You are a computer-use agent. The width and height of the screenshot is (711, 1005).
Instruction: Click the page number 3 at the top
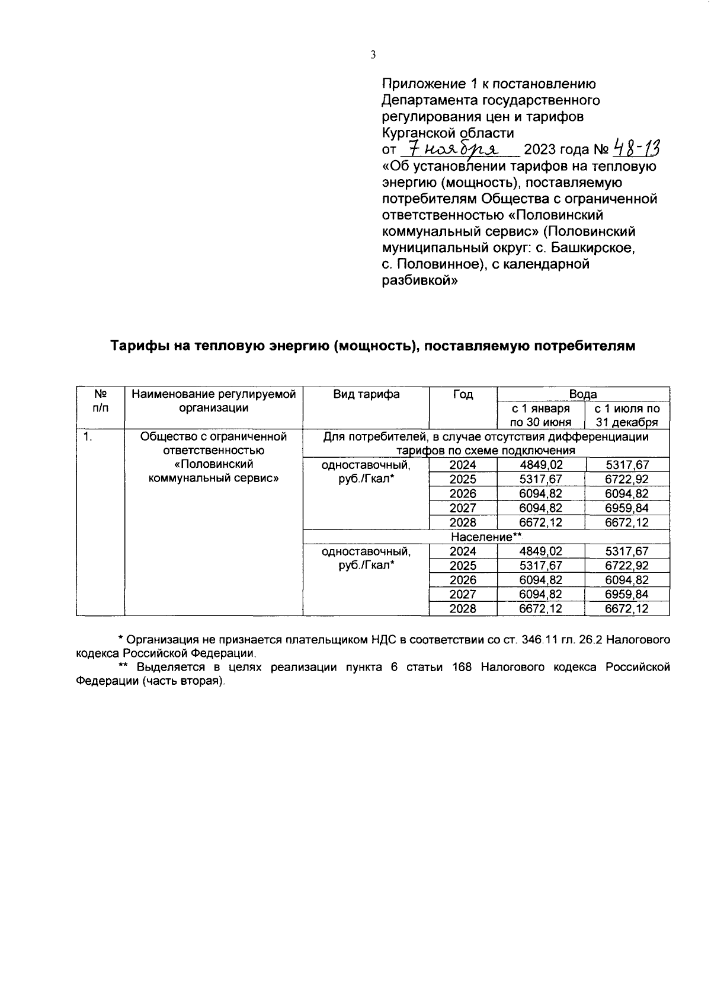click(x=373, y=55)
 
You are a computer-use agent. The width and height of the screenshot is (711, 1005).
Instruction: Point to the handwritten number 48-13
click(x=638, y=146)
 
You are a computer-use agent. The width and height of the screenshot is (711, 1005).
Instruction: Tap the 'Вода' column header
click(x=583, y=394)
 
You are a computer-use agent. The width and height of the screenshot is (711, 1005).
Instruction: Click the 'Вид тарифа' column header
click(x=366, y=394)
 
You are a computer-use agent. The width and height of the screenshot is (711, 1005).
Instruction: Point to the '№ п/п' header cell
click(x=100, y=401)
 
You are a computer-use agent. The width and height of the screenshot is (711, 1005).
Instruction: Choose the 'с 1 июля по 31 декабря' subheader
click(x=627, y=415)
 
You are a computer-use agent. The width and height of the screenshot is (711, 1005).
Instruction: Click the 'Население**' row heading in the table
click(x=486, y=537)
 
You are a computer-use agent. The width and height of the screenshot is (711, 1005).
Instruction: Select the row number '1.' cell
click(x=88, y=437)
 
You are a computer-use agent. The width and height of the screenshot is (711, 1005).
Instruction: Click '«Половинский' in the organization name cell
click(x=213, y=464)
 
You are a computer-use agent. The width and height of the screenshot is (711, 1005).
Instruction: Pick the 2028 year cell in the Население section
click(x=463, y=608)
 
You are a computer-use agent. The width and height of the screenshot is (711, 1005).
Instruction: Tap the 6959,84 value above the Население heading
click(x=627, y=508)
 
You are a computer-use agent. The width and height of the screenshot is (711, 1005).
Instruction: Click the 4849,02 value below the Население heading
click(x=540, y=551)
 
